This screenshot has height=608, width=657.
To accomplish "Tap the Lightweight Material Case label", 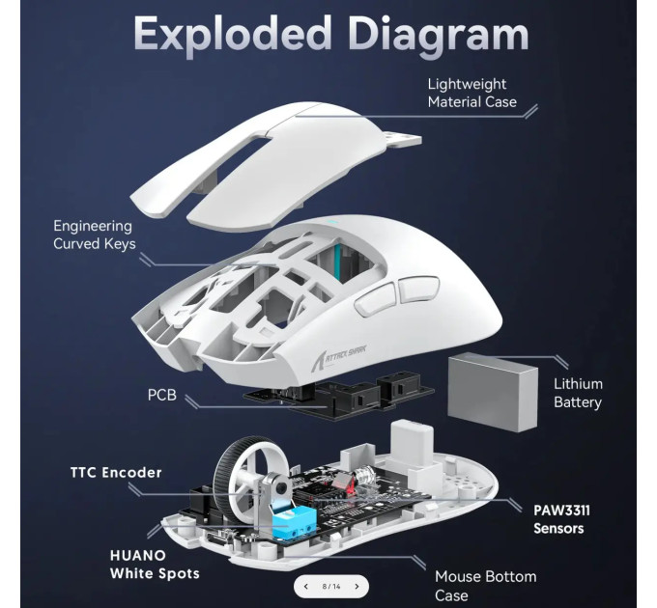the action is (x=471, y=93).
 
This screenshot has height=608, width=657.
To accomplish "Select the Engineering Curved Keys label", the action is (x=95, y=235).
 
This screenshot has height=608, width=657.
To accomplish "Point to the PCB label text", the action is (x=161, y=395).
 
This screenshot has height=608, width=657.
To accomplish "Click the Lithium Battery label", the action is (x=578, y=393).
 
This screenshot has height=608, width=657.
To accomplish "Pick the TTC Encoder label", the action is (x=116, y=473).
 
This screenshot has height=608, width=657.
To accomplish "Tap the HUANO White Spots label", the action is (x=155, y=564).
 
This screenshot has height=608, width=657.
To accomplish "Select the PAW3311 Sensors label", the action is (x=561, y=519).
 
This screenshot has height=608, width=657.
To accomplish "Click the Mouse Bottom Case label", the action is (x=485, y=586).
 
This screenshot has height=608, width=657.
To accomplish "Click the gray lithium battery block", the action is (x=493, y=392).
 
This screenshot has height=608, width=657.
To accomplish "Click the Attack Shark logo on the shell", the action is (x=338, y=356).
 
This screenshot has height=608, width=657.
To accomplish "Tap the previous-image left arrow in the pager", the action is (x=306, y=586).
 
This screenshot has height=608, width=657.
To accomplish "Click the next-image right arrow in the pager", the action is (x=357, y=586).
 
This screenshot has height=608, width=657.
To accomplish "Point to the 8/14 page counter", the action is (x=331, y=586).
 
